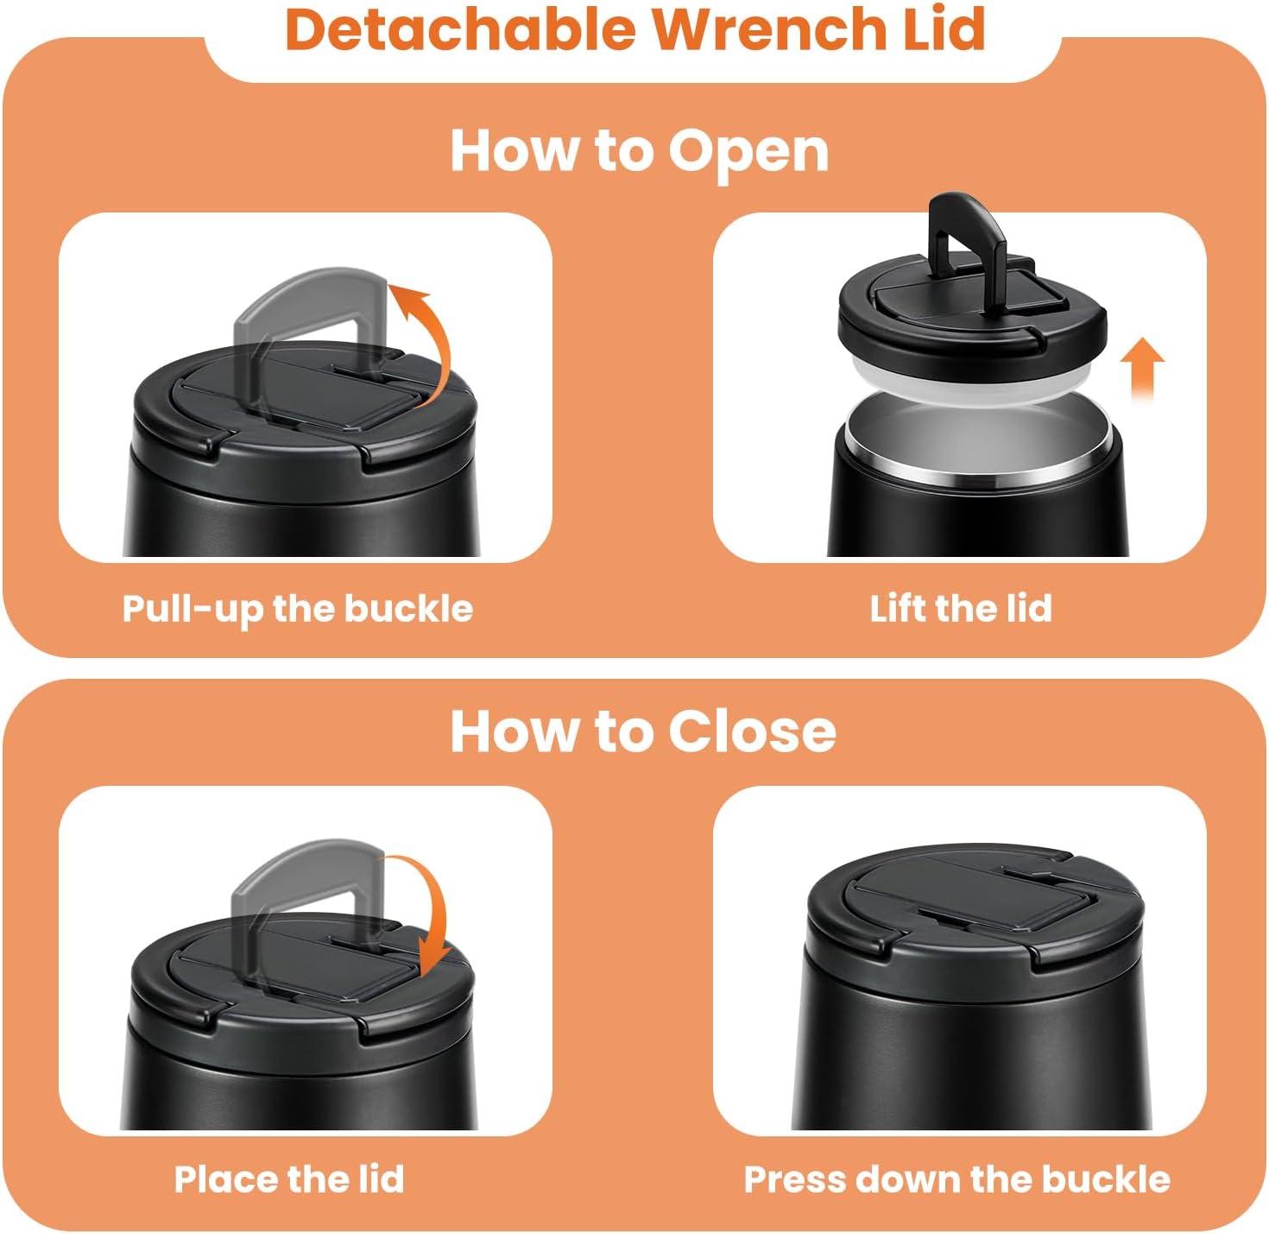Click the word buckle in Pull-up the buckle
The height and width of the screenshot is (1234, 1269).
pos(408,609)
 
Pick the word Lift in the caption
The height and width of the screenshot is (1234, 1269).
pos(897,609)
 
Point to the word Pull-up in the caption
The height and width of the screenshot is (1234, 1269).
pos(193,610)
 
